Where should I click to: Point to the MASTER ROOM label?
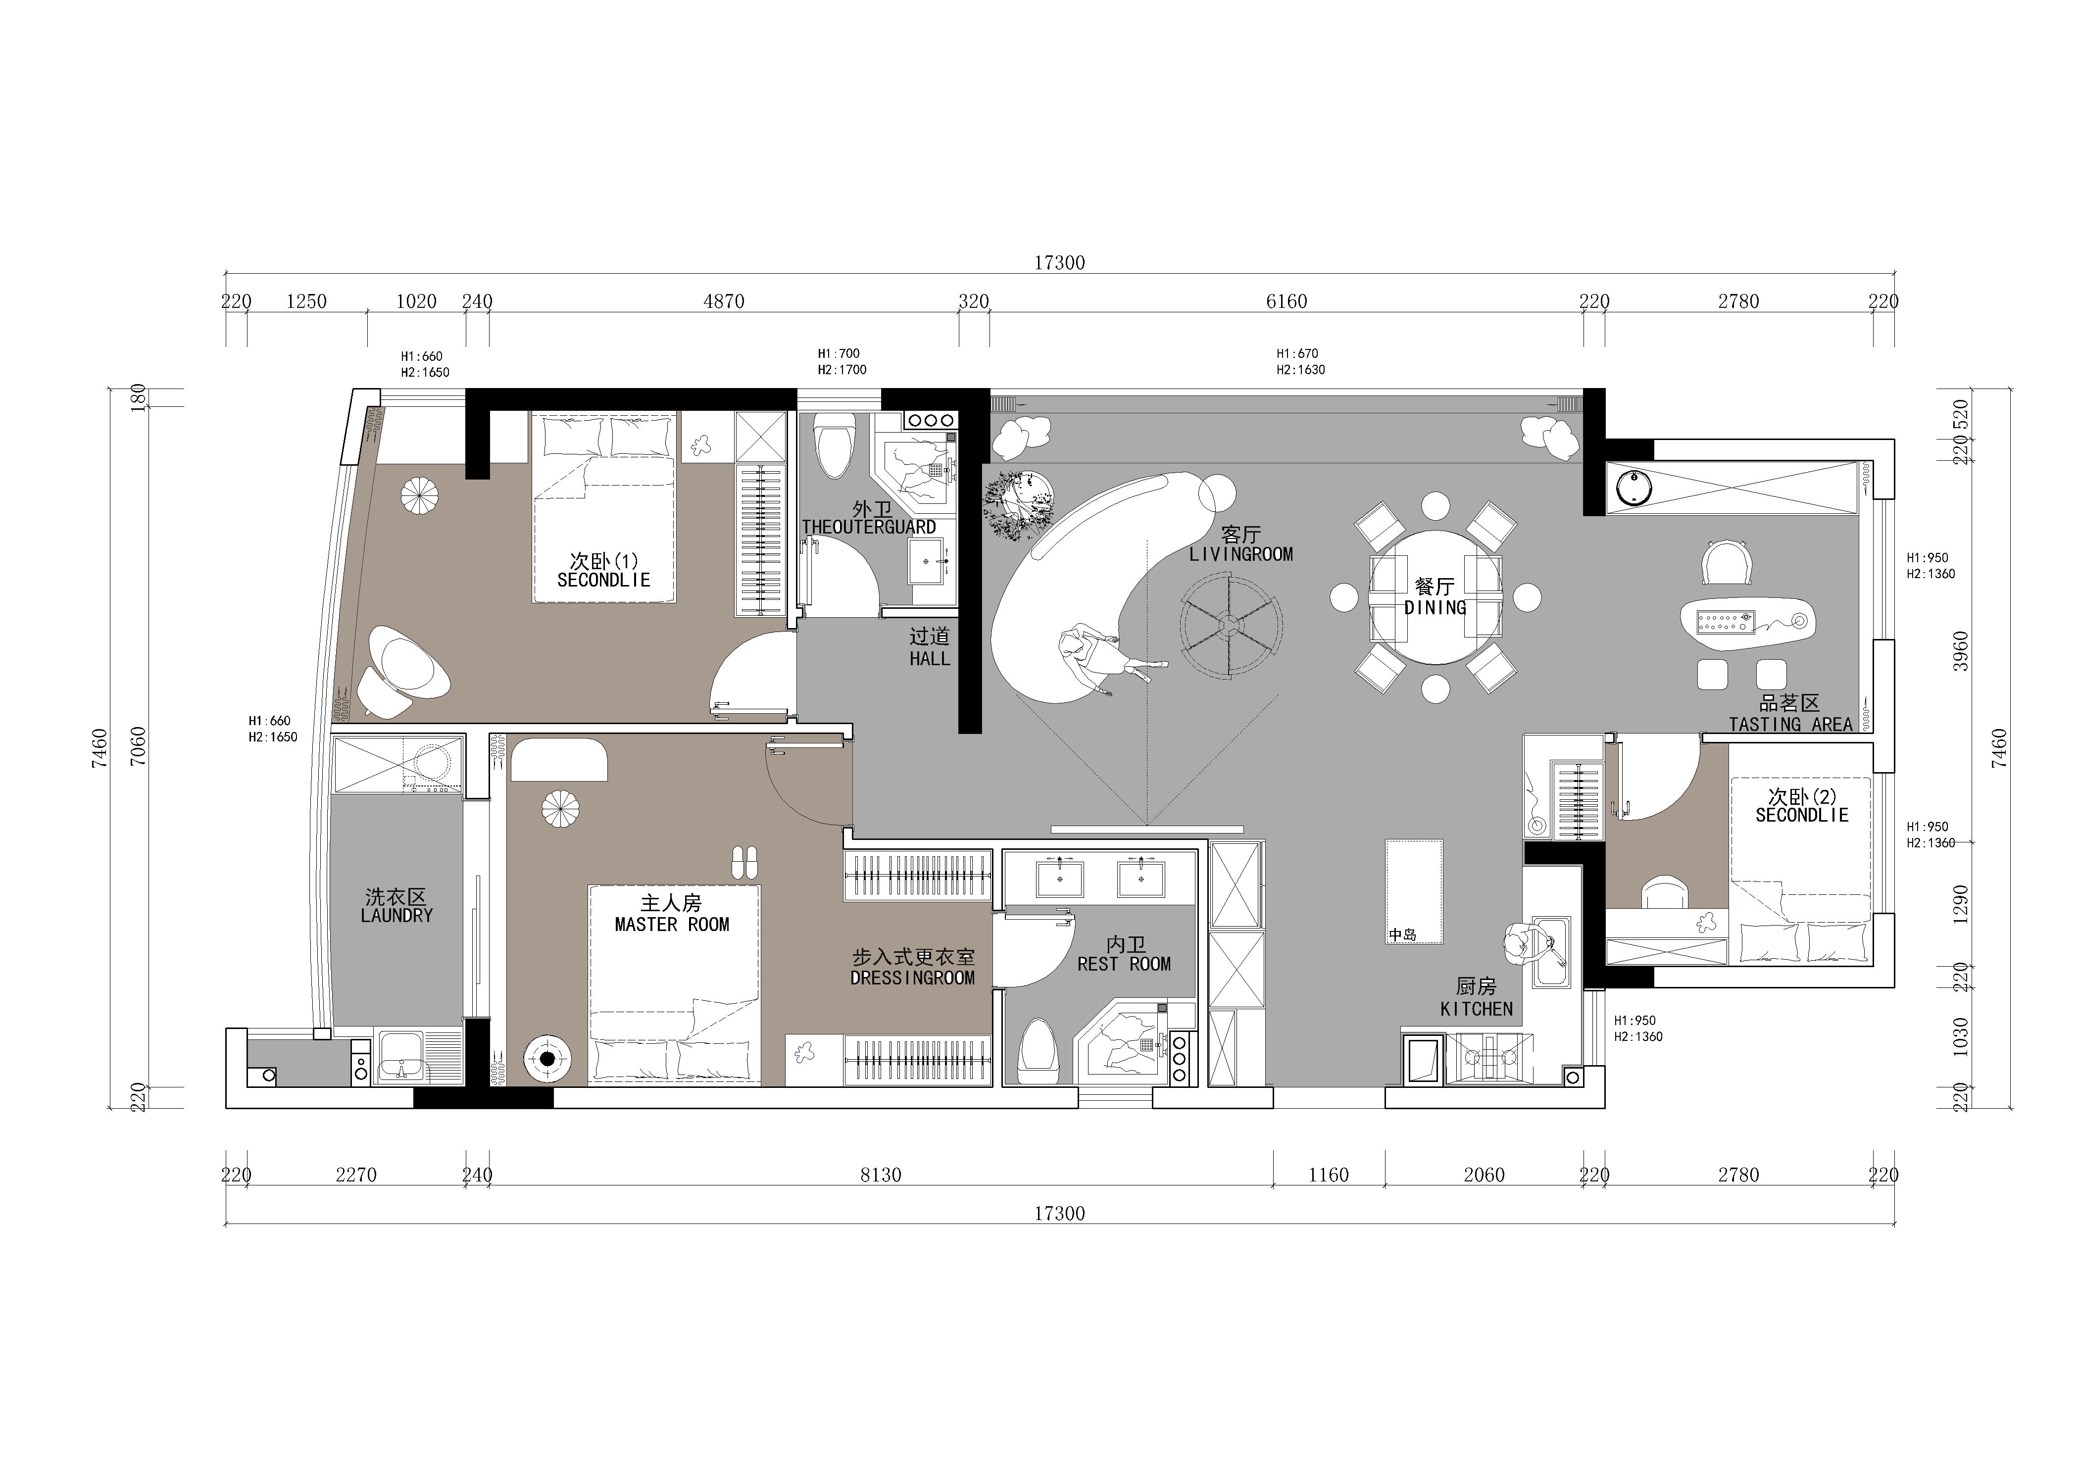coord(672,924)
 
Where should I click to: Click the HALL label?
coord(930,659)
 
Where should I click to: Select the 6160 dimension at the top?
coord(1286,301)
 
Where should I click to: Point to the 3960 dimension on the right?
coord(1960,652)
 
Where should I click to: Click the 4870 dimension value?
coord(724,301)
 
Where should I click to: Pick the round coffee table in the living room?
coord(1231,625)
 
